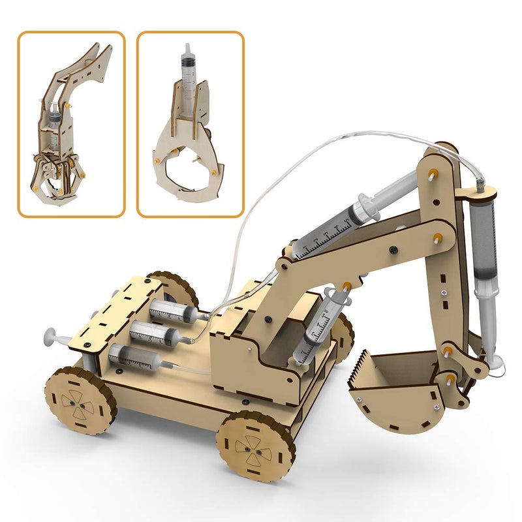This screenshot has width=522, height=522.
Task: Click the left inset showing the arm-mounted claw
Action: tap(71, 124)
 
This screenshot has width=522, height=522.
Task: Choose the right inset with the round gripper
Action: tap(190, 124)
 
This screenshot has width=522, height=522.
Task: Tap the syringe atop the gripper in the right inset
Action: tap(187, 75)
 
